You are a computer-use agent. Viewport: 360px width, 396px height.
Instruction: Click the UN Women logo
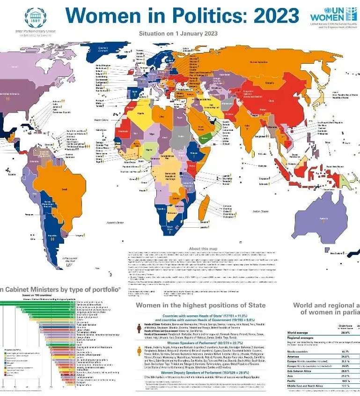pos(333,15)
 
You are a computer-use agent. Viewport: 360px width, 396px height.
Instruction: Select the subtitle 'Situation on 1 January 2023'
pos(178,33)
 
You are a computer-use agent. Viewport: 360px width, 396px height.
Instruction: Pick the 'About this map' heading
pos(203,248)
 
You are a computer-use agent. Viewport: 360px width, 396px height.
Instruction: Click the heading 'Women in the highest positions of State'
pos(200,305)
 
